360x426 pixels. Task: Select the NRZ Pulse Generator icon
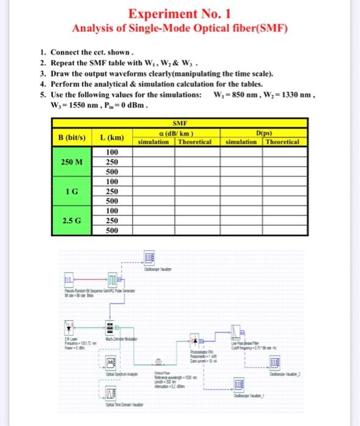tap(113, 280)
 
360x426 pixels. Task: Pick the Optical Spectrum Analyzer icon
tap(112, 362)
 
